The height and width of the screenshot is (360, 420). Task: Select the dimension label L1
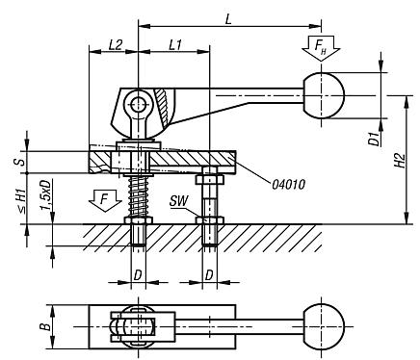click(179, 45)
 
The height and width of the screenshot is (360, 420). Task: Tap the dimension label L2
click(114, 45)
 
